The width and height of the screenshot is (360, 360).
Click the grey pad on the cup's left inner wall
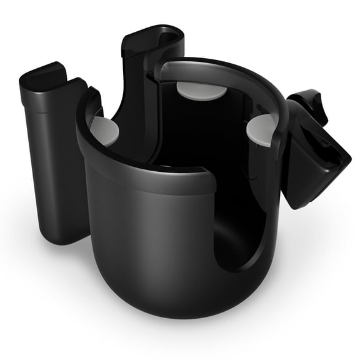[x=104, y=129]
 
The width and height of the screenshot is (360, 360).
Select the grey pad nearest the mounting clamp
[x=262, y=129]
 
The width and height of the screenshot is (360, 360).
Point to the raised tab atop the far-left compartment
[x=44, y=74]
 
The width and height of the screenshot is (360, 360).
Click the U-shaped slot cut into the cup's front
[x=241, y=219]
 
